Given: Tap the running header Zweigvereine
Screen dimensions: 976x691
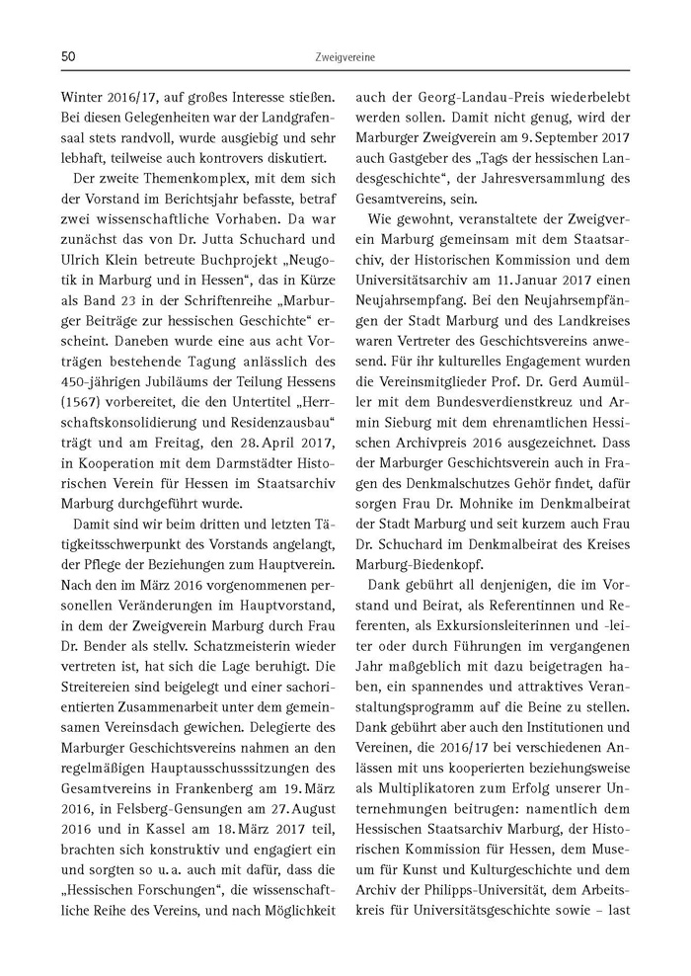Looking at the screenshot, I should (345, 60).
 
